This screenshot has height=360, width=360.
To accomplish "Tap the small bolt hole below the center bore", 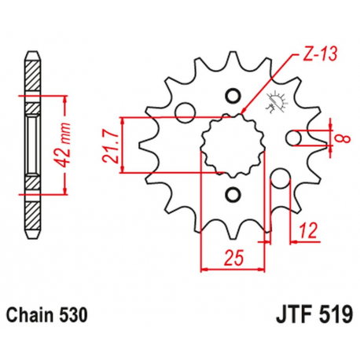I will click(231, 193).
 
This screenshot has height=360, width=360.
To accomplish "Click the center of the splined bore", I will click(231, 145).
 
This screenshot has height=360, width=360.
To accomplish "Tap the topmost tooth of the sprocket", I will click(231, 59).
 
